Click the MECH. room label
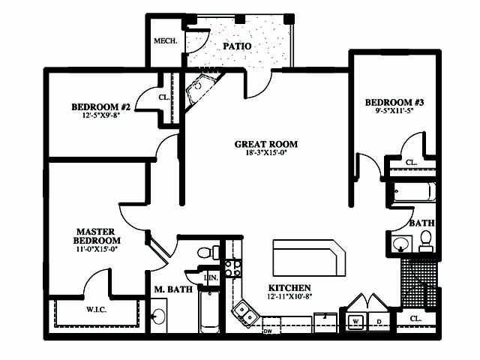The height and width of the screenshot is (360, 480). click(164, 41)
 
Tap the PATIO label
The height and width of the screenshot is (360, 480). click(236, 46)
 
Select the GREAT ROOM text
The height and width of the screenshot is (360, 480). click(265, 144)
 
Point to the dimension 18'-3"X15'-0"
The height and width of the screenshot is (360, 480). click(265, 153)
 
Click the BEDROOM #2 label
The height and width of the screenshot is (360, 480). click(101, 106)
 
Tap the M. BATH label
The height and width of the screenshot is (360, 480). click(173, 289)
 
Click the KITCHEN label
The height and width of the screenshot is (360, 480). click(289, 288)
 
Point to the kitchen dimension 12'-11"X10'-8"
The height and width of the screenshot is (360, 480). click(289, 297)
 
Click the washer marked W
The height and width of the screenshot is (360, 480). click(355, 322)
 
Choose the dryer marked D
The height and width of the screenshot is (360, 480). click(378, 322)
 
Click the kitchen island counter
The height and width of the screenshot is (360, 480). click(307, 259)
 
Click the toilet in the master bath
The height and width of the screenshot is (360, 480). click(207, 251)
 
